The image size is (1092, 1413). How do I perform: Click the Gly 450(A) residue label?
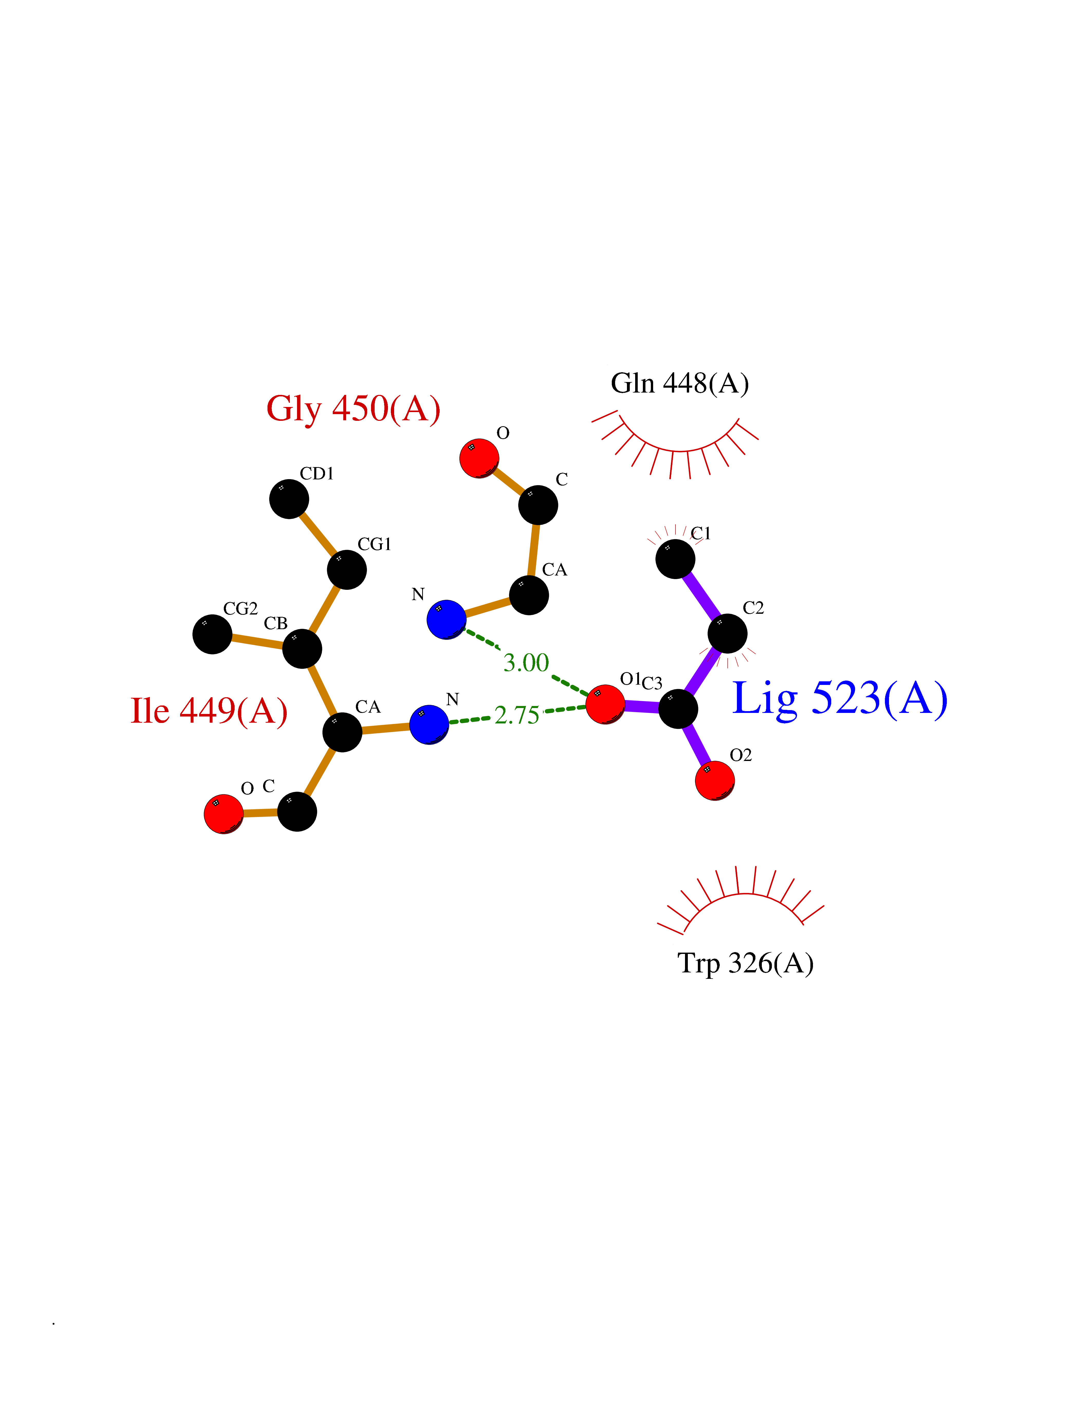pos(353,409)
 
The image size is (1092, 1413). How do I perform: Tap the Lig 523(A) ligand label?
pos(839,699)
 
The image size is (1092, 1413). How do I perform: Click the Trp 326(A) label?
pos(745,963)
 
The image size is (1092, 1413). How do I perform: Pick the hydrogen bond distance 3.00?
pos(526,663)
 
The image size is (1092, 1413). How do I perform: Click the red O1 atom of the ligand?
pos(605,704)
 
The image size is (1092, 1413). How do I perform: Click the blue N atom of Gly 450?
pos(446,619)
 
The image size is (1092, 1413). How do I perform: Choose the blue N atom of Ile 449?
pos(429,725)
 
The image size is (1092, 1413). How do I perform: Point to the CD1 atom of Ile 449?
pos(289,499)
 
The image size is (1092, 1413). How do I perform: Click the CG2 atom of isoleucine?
pos(212,634)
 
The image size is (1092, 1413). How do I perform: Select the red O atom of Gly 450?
pos(479,459)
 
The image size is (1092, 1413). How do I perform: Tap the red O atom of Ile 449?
pos(223,814)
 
